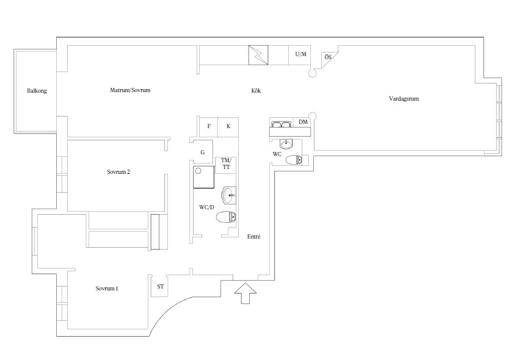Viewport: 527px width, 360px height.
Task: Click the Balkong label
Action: click(x=37, y=91)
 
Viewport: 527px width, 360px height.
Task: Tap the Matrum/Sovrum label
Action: click(x=130, y=90)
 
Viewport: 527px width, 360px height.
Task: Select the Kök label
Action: click(x=256, y=91)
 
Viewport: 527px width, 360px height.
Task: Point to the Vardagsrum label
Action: click(x=404, y=99)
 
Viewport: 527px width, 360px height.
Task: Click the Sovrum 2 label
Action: click(x=118, y=172)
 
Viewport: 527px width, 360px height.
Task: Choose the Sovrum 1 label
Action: click(x=107, y=289)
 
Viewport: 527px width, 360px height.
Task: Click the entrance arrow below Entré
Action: click(x=245, y=293)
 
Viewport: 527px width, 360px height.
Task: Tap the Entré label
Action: click(x=254, y=236)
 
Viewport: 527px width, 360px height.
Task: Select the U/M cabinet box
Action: click(x=299, y=55)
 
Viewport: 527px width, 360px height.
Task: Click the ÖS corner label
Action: click(x=328, y=57)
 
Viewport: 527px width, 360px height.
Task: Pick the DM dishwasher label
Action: click(x=303, y=122)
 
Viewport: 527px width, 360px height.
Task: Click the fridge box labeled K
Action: click(x=228, y=127)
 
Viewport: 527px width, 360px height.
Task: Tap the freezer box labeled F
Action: click(x=209, y=127)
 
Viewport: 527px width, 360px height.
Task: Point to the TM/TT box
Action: click(x=225, y=165)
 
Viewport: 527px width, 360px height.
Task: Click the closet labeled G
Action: click(x=203, y=152)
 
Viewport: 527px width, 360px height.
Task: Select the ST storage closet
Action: click(x=159, y=286)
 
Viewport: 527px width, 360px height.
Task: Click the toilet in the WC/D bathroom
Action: click(x=226, y=217)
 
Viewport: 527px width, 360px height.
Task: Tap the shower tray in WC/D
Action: click(x=204, y=177)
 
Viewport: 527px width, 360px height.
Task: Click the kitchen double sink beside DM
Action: click(x=281, y=124)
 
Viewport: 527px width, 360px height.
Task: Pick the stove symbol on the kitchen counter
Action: click(x=258, y=55)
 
